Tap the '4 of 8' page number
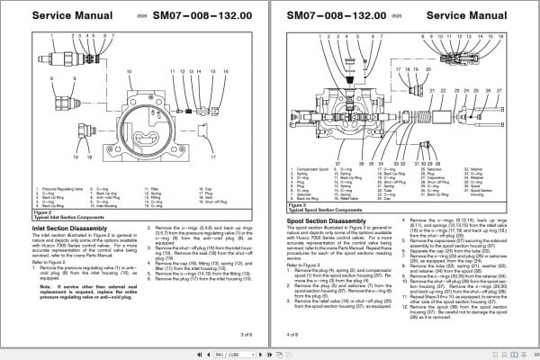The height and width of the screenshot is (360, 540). tap(293, 334)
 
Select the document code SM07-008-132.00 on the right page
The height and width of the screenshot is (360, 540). tap(344, 14)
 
